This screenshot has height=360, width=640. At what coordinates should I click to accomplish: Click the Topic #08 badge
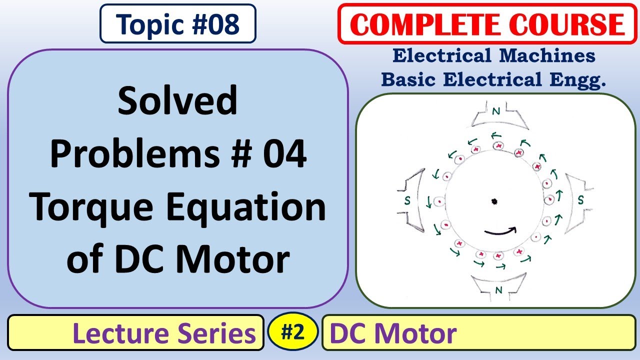click(178, 23)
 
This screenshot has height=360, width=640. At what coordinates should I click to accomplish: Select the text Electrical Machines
click(493, 56)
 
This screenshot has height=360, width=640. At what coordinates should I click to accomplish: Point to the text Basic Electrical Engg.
click(493, 79)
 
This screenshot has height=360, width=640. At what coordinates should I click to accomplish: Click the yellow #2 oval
click(292, 331)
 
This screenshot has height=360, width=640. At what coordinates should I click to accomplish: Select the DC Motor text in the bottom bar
click(393, 333)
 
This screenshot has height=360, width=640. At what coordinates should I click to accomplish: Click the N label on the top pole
click(495, 112)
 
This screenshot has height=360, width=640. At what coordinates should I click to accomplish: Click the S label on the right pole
click(580, 200)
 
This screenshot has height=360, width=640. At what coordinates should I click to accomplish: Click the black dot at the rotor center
click(494, 201)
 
